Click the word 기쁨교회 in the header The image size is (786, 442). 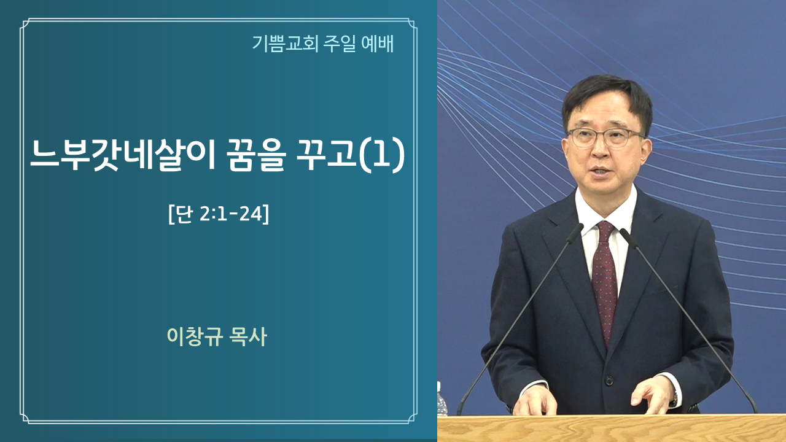click(x=286, y=44)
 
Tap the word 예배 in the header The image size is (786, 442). click(x=377, y=44)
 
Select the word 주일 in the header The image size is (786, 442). click(x=340, y=44)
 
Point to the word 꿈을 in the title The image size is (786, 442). click(x=256, y=155)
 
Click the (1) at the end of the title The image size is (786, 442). click(x=383, y=155)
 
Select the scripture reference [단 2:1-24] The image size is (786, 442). click(x=219, y=214)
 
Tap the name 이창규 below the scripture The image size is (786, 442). click(x=195, y=337)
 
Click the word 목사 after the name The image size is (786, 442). click(x=247, y=337)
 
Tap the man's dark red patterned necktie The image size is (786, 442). click(x=604, y=281)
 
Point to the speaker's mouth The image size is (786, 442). click(x=602, y=171)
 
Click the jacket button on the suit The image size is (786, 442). click(x=610, y=380)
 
